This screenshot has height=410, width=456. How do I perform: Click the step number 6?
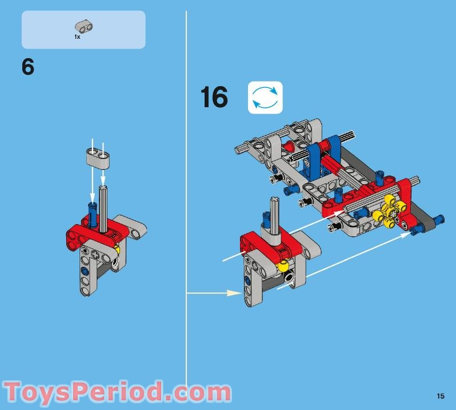coord(28,67)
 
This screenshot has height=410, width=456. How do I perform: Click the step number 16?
coord(214,97)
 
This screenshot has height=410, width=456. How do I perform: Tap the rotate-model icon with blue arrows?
coord(265,98)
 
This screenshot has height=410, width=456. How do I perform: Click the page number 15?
coord(441,396)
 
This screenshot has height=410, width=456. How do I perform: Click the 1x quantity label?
coord(77,37)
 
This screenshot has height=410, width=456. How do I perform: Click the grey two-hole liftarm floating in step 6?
coord(97,157)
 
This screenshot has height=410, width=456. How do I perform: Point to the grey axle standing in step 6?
coord(103,209)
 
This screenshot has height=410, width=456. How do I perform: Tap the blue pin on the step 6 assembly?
coord(93,215)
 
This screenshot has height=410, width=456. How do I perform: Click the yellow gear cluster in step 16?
coord(389,211)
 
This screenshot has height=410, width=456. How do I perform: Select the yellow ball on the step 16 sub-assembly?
coord(283,266)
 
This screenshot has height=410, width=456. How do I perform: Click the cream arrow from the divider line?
coord(214,293)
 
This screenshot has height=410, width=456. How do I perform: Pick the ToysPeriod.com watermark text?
coord(117,392)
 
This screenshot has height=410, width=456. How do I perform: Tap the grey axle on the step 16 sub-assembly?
coord(275,216)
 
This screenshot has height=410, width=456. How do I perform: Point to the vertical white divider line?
coord(186,200)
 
